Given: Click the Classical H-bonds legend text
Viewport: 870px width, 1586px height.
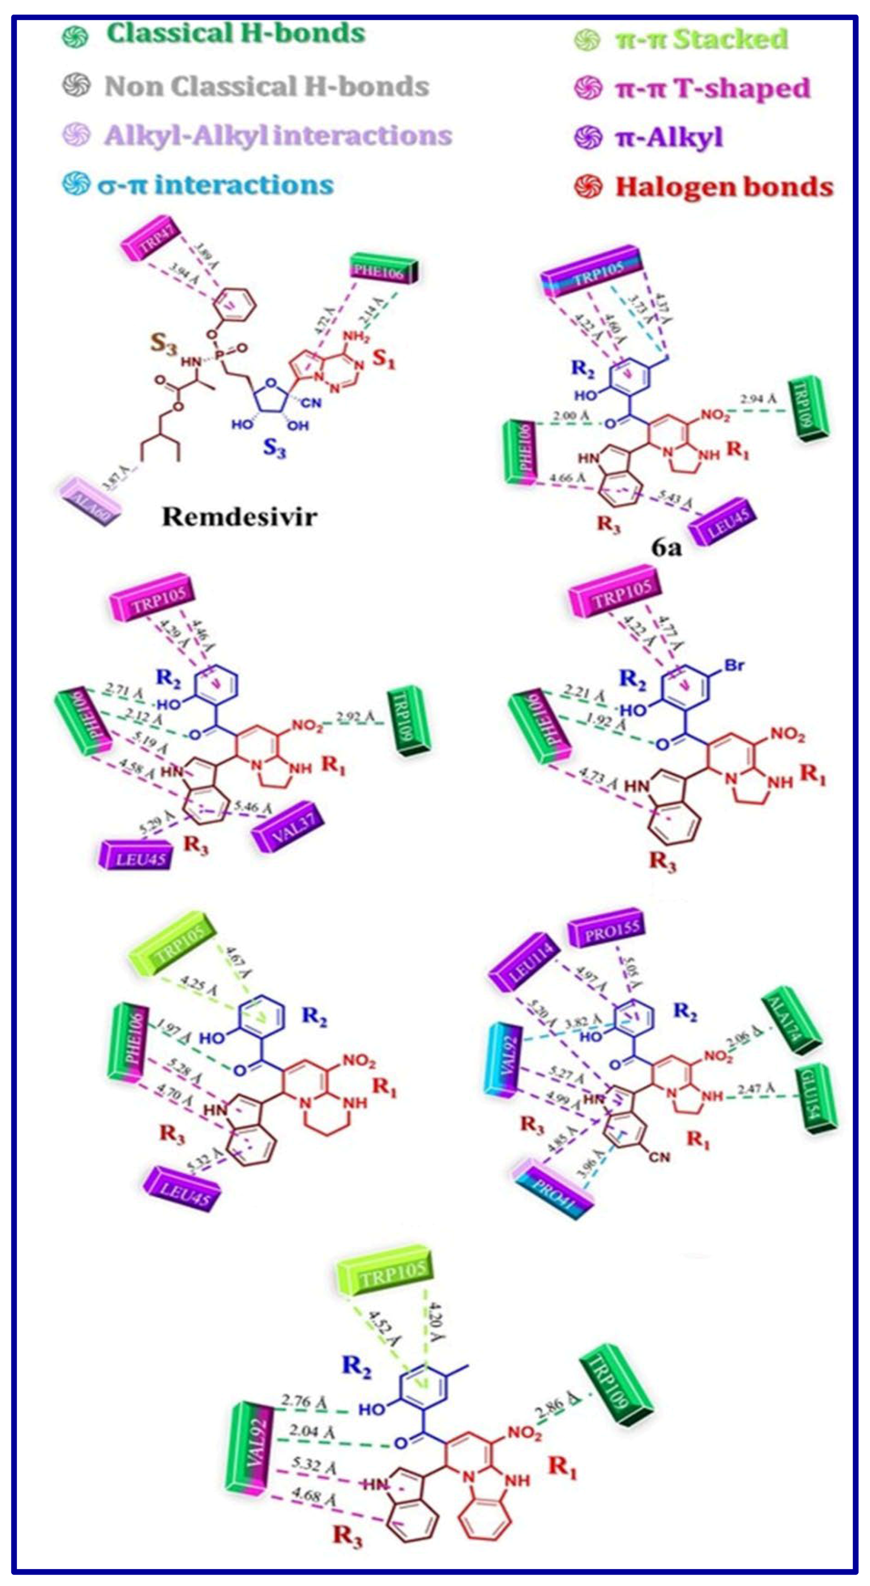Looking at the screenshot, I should pos(236,34).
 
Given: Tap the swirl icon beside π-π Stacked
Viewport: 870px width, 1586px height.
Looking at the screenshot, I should pos(587,40).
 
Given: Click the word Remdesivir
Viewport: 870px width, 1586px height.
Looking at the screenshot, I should pos(239,516).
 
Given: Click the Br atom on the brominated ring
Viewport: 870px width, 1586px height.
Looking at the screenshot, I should pos(734,666).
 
